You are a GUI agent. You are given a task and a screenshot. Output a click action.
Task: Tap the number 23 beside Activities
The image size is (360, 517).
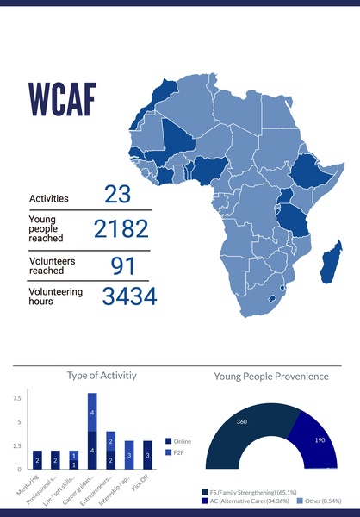tap(117, 195)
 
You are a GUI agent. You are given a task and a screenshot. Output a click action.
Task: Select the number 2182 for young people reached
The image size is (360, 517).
tap(121, 229)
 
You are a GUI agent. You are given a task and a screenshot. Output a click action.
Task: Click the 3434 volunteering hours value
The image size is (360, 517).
tap(129, 297)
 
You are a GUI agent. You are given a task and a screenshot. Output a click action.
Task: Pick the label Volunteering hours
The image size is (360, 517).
tap(56, 297)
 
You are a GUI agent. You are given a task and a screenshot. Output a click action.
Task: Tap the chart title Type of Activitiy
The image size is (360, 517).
tap(102, 376)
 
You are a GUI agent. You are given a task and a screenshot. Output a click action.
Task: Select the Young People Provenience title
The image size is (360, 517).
tap(271, 376)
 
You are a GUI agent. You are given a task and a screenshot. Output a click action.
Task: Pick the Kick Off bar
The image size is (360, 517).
tap(147, 455)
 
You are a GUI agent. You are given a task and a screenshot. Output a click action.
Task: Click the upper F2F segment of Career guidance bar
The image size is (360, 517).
tap(92, 413)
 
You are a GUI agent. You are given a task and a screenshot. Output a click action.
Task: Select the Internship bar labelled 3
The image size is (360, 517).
tap(129, 455)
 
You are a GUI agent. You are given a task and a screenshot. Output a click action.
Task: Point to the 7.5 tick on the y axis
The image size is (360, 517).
tap(17, 399)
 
